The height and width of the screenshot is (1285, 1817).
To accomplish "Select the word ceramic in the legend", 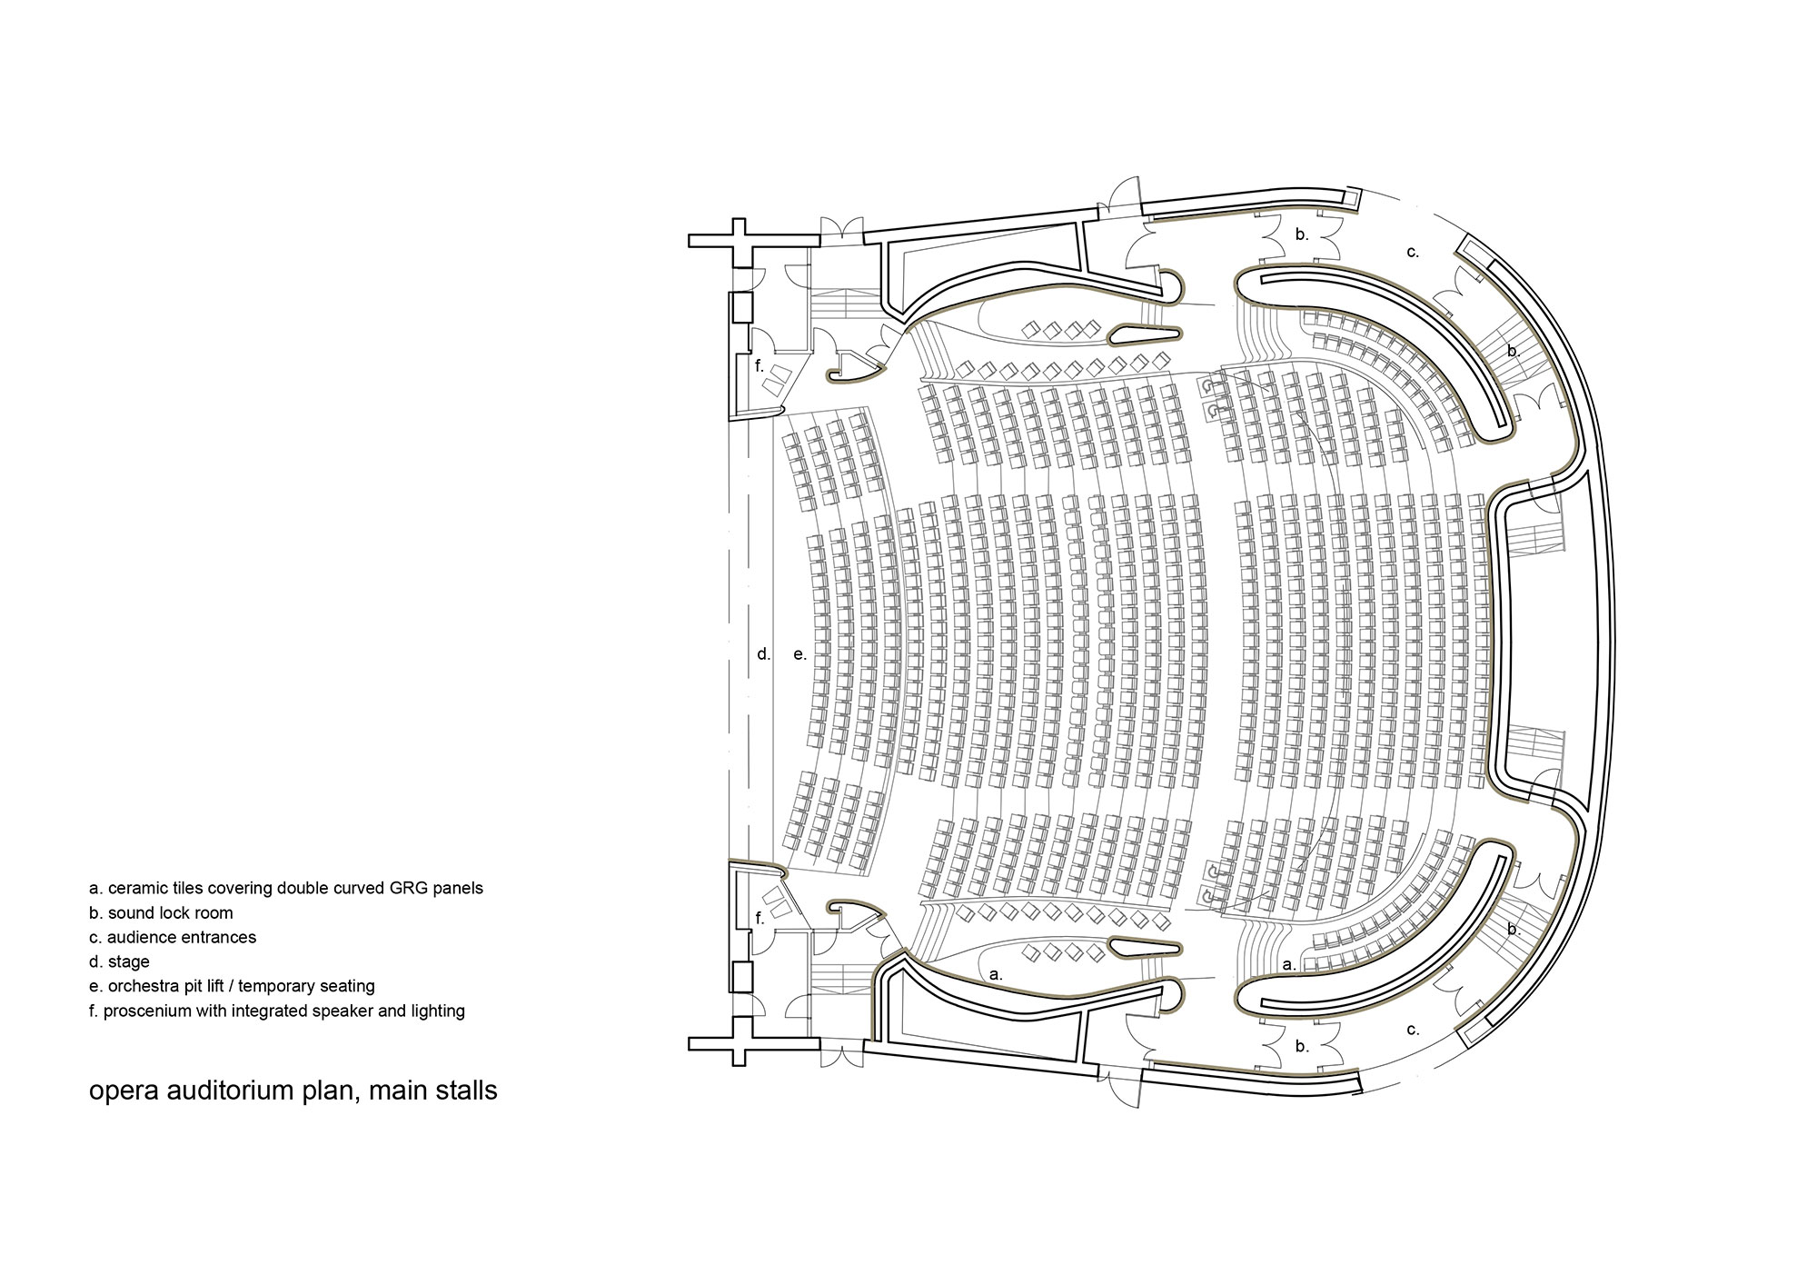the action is [x=135, y=888].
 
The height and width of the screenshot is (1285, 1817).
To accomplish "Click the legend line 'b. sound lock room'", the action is [x=161, y=912].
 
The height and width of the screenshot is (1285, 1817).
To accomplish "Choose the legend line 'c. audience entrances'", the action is [x=173, y=937].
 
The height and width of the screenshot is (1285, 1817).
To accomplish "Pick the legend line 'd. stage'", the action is [x=119, y=961].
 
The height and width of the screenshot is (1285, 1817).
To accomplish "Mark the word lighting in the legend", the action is [x=436, y=1011].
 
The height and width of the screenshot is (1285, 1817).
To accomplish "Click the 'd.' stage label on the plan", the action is [x=764, y=653].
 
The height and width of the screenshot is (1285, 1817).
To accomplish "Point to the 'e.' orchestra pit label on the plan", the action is [x=799, y=653].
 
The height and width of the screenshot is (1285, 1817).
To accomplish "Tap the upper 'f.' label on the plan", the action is [x=760, y=366].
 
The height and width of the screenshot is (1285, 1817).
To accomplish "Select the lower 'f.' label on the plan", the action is [x=760, y=919].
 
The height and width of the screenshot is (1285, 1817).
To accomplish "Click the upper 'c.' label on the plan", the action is [x=1413, y=252].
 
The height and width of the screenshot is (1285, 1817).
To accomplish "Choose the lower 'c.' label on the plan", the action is [x=1413, y=1031].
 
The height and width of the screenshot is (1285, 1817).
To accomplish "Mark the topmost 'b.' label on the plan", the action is [x=1302, y=234].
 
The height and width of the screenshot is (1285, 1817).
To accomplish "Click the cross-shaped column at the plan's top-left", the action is [x=740, y=241].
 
